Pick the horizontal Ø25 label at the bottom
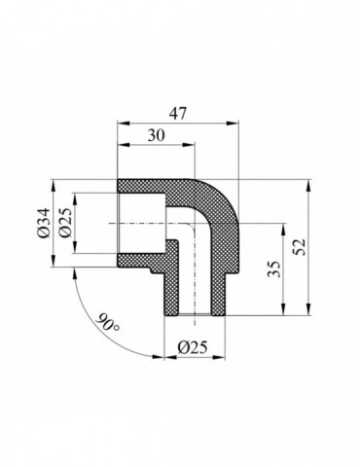192,345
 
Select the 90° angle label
108,320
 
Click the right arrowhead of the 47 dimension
236,124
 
